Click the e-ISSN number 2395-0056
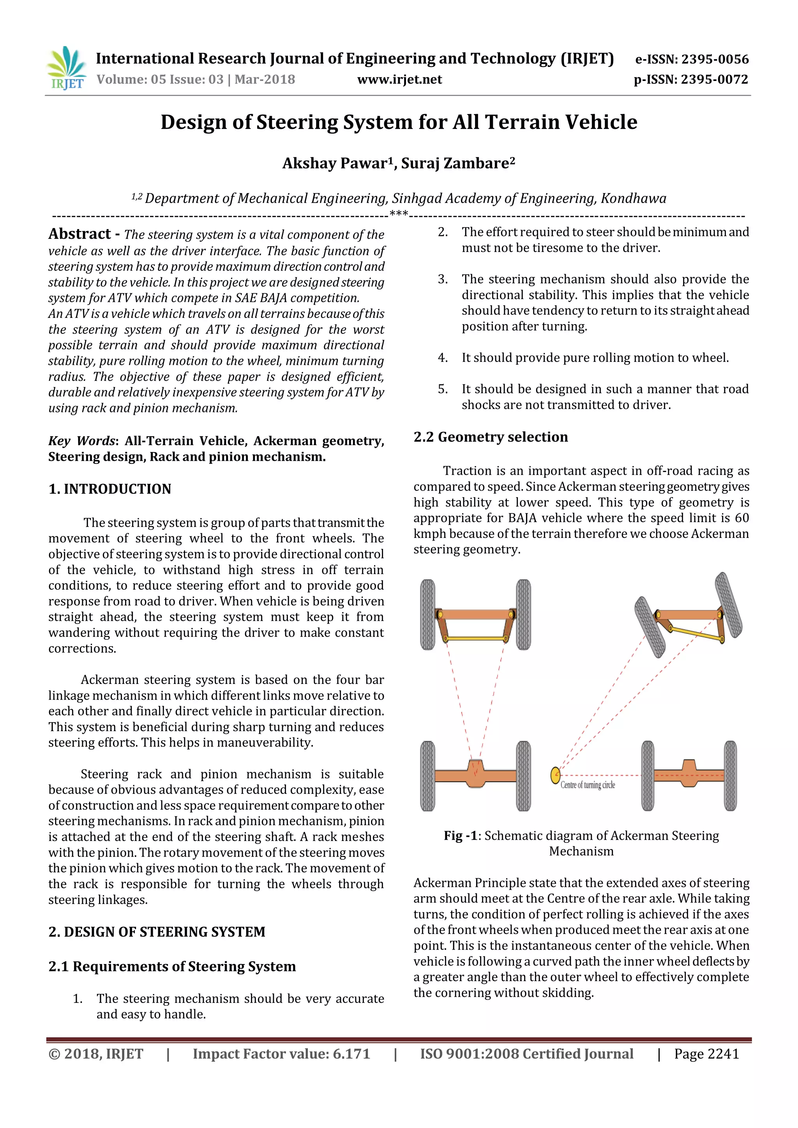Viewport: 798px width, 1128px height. click(715, 60)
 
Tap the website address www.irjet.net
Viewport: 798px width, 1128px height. click(399, 79)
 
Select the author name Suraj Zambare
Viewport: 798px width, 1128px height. click(457, 163)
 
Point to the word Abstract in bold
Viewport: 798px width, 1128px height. click(79, 234)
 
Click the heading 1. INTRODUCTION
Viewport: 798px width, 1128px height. click(109, 489)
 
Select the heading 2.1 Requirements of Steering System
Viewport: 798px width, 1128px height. click(172, 966)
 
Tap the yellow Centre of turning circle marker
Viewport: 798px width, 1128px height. click(555, 775)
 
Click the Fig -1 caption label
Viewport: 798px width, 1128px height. click(461, 836)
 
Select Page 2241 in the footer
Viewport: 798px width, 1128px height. click(706, 1054)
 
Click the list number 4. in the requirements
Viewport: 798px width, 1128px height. click(443, 358)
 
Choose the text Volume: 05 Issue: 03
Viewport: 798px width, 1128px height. click(160, 79)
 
